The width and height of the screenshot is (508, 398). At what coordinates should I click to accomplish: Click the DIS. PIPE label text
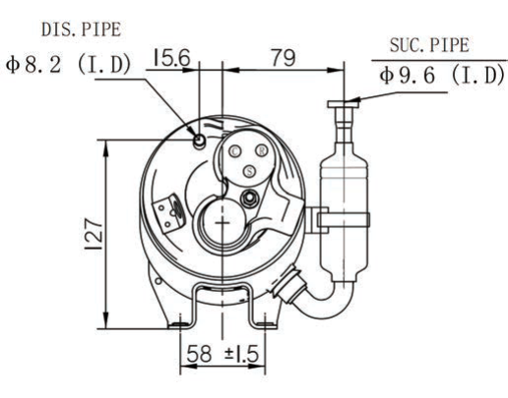(82, 29)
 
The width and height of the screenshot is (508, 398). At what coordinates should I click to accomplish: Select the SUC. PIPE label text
(429, 45)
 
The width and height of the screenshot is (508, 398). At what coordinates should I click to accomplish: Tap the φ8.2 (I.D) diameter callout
(68, 65)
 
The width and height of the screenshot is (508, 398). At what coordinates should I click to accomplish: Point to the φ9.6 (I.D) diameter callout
(442, 75)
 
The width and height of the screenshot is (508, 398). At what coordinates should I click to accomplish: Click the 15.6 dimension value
(171, 58)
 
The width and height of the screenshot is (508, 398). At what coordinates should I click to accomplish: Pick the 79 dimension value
(284, 58)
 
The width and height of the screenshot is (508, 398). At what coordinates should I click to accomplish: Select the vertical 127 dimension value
(94, 234)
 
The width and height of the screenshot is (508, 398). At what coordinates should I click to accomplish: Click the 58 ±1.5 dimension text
(222, 354)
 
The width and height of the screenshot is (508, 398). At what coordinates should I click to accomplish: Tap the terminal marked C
(235, 151)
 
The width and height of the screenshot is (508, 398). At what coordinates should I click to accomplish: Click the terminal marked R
(262, 151)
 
